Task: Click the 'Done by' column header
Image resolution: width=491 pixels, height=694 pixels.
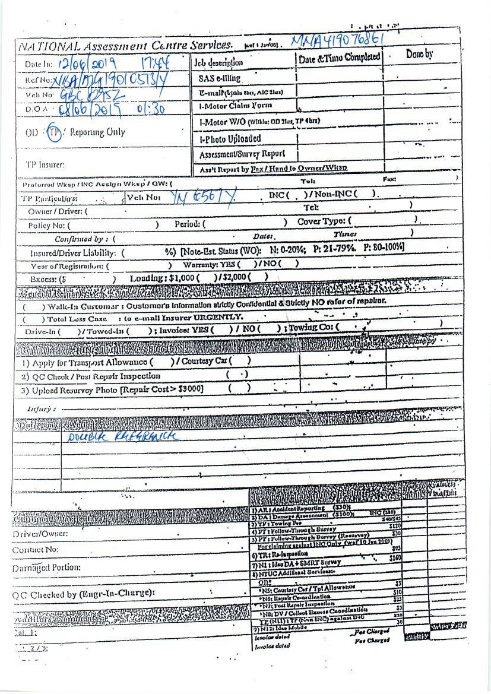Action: pyautogui.click(x=419, y=55)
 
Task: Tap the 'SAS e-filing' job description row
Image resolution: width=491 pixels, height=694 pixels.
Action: pyautogui.click(x=219, y=78)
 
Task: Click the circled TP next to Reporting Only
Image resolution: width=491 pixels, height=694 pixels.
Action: pyautogui.click(x=54, y=132)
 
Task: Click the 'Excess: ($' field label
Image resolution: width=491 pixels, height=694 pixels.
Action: pyautogui.click(x=48, y=278)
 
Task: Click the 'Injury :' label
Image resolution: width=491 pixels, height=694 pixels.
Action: pyautogui.click(x=42, y=409)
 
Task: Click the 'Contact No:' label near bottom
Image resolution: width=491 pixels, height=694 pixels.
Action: pyautogui.click(x=35, y=550)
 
